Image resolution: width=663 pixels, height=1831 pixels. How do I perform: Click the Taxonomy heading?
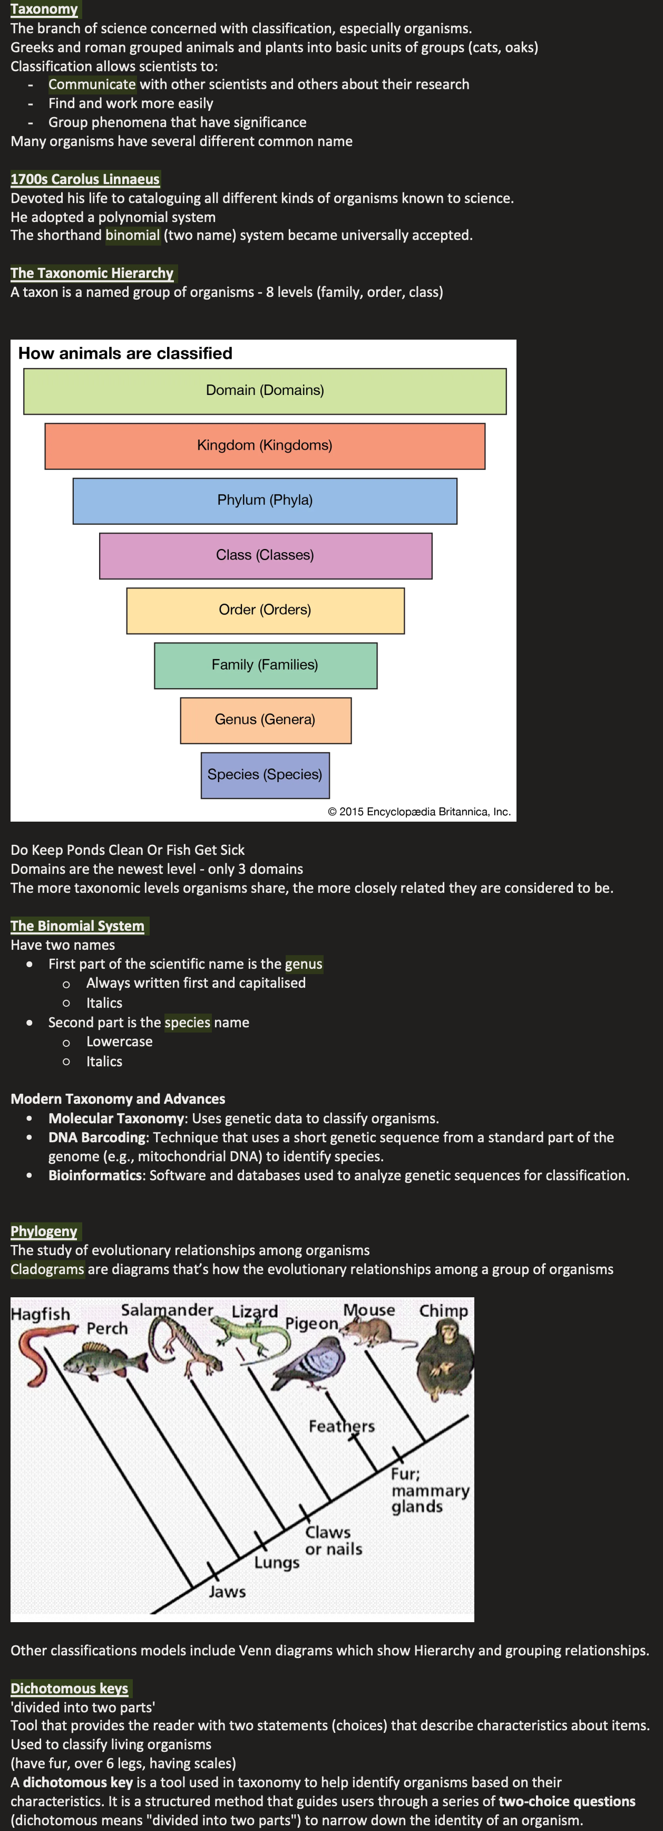[x=44, y=9]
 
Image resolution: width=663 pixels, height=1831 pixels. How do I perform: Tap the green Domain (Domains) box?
[x=265, y=391]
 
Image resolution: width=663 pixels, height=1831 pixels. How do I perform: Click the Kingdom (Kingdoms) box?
[x=265, y=446]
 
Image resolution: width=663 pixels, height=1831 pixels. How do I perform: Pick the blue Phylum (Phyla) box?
[x=265, y=500]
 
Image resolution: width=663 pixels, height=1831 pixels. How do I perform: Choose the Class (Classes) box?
[x=265, y=555]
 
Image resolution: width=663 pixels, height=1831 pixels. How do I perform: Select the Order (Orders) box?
[x=265, y=610]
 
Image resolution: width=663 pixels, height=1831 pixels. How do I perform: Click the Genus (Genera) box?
[x=265, y=720]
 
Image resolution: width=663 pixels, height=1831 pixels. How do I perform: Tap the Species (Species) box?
[x=265, y=775]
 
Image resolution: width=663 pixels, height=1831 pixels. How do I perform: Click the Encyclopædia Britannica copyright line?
[x=420, y=812]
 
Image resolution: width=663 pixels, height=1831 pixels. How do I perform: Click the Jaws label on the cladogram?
[x=227, y=1592]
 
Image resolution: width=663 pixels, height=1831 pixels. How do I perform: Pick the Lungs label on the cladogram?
[x=277, y=1563]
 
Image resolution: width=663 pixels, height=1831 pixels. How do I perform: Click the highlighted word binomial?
[x=132, y=235]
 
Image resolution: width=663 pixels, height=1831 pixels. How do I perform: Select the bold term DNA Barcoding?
[x=96, y=1138]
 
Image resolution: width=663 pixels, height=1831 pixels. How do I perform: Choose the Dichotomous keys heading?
[x=69, y=1688]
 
